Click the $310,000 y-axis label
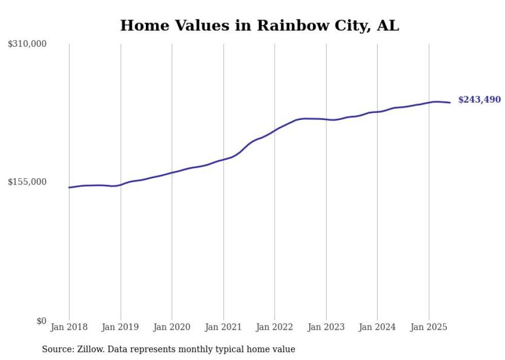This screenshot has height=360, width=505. click(x=27, y=44)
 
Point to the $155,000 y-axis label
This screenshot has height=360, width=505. click(x=27, y=182)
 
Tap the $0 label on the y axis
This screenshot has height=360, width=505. click(x=41, y=321)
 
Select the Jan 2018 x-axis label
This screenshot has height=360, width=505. click(x=69, y=327)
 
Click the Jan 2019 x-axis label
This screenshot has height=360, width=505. click(x=121, y=327)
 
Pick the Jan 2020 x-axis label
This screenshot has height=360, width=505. click(x=172, y=327)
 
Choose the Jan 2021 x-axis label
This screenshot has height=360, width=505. click(x=223, y=327)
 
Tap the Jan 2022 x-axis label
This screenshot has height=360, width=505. click(x=275, y=327)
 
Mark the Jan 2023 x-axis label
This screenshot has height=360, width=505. click(x=326, y=327)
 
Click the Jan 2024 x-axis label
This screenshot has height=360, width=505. click(x=377, y=327)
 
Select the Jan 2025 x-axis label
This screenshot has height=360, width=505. click(x=429, y=327)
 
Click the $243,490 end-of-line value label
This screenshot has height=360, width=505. click(x=479, y=99)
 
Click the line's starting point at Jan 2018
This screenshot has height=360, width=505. click(x=69, y=187)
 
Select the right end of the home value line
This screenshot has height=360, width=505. click(x=450, y=102)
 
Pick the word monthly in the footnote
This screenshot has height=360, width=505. click(x=200, y=349)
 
